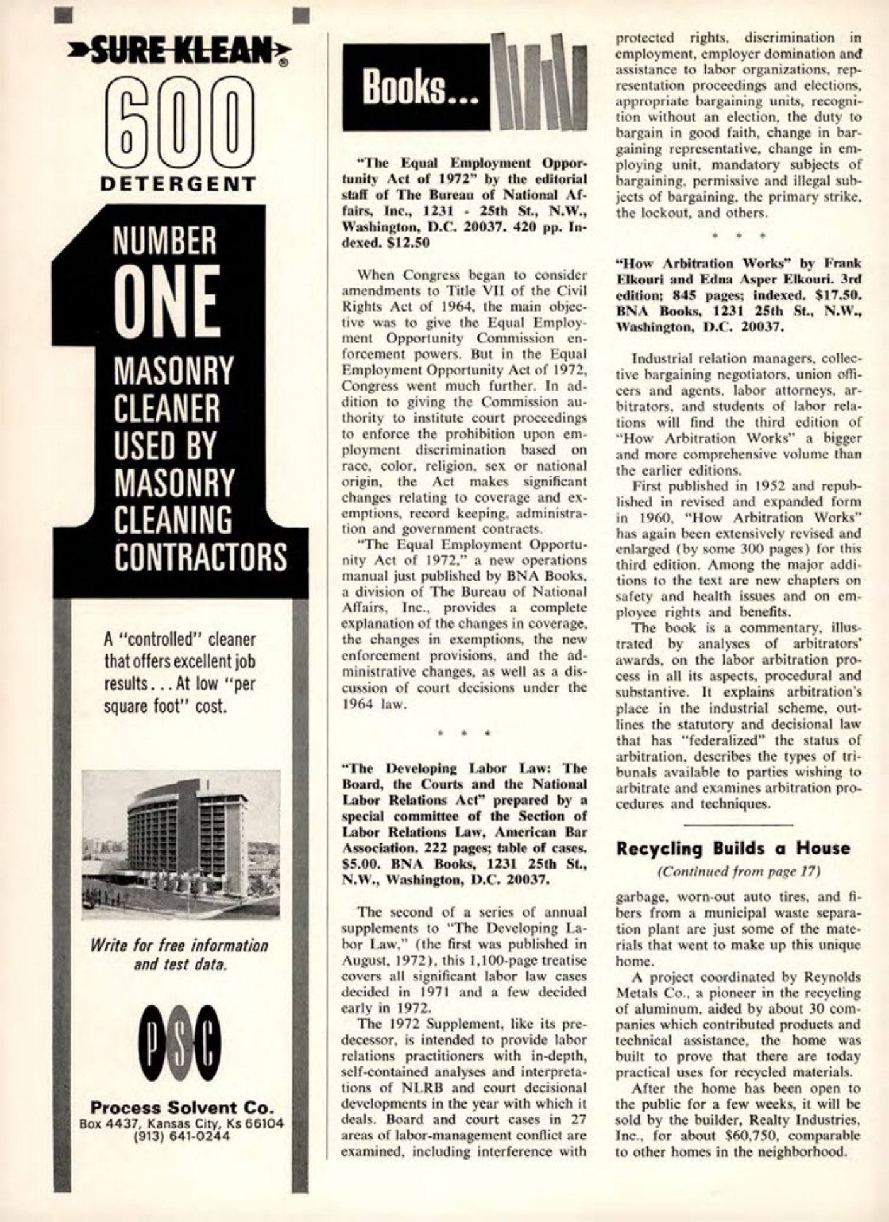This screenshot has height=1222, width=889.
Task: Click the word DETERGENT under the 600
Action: [x=179, y=184]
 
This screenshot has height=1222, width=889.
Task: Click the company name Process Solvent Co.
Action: [x=181, y=1107]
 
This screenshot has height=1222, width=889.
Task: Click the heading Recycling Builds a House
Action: [x=733, y=848]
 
